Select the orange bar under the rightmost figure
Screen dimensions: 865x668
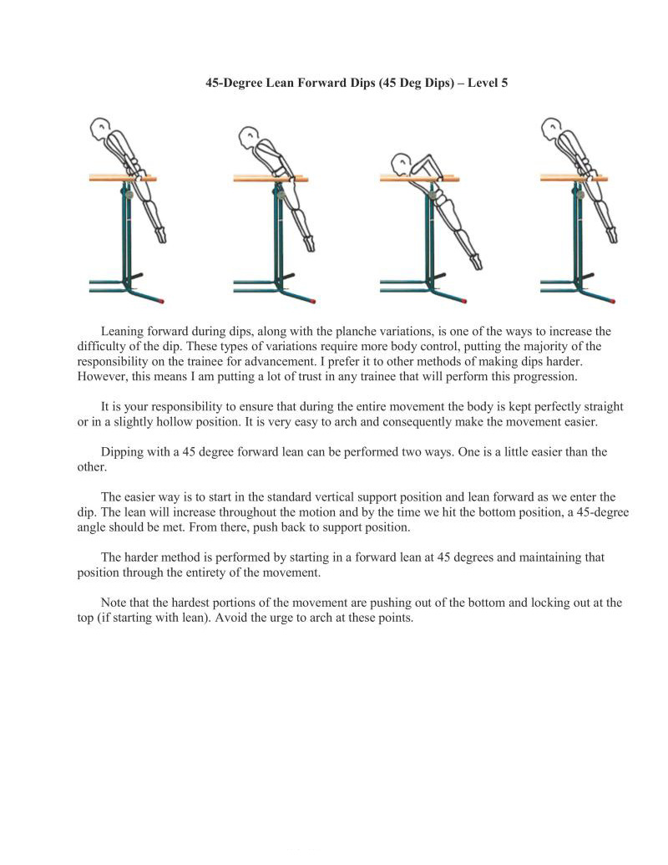coord(573,178)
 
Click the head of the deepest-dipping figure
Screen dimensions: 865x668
coord(402,162)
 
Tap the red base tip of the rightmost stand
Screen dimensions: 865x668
coord(614,300)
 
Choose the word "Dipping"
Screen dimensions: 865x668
coord(124,452)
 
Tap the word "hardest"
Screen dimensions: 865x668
coord(184,602)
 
